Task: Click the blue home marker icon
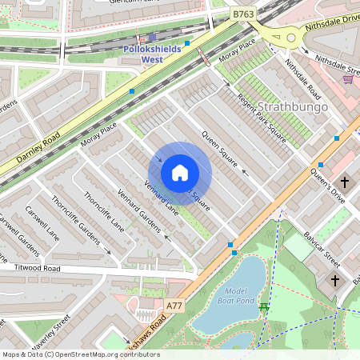[180, 173]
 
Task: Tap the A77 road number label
[174, 306]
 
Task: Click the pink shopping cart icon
[348, 78]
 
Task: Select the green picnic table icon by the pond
[263, 306]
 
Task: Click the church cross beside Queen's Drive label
[345, 181]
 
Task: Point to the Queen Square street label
[220, 149]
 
